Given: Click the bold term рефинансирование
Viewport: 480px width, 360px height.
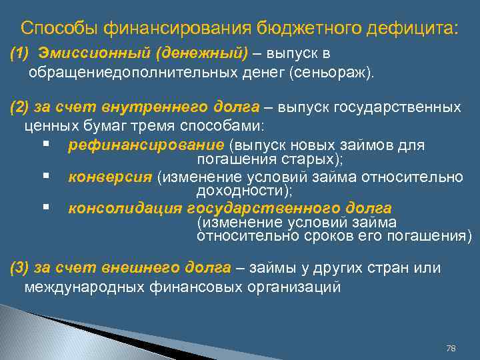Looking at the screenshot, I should [x=146, y=145].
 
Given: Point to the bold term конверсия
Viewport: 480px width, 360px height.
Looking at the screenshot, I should [x=110, y=176].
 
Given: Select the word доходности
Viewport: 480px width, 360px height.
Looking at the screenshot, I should [x=241, y=191].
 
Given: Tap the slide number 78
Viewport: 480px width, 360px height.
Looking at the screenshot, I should [x=450, y=349].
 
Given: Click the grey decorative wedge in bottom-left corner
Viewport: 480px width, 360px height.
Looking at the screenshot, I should [x=40, y=333].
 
